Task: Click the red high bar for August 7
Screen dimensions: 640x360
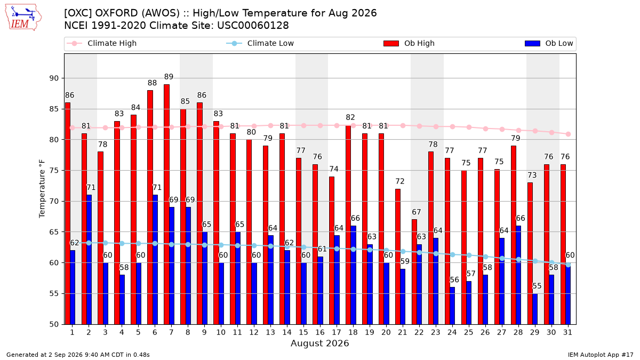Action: click(166, 204)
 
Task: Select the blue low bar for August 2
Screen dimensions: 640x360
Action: click(89, 260)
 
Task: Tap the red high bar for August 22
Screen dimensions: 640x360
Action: click(414, 272)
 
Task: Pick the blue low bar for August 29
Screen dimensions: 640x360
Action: click(535, 309)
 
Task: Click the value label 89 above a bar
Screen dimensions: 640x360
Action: click(169, 77)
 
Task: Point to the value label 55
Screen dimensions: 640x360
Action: click(537, 286)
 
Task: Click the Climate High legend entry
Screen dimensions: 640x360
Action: click(102, 43)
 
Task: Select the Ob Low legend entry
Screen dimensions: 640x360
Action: click(549, 43)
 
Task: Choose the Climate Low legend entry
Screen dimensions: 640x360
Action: click(260, 43)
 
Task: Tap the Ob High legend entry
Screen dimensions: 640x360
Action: click(409, 43)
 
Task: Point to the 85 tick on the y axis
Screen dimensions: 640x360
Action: click(54, 109)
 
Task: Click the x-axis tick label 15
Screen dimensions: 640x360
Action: click(303, 332)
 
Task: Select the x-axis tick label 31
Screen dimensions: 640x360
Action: click(567, 332)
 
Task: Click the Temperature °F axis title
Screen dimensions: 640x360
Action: click(42, 189)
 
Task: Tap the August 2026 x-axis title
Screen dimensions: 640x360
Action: click(319, 343)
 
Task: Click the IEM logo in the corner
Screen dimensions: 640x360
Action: click(23, 18)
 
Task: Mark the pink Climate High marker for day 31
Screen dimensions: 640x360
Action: click(569, 134)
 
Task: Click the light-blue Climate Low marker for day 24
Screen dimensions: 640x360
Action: click(453, 254)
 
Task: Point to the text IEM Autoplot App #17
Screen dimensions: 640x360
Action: click(601, 355)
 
